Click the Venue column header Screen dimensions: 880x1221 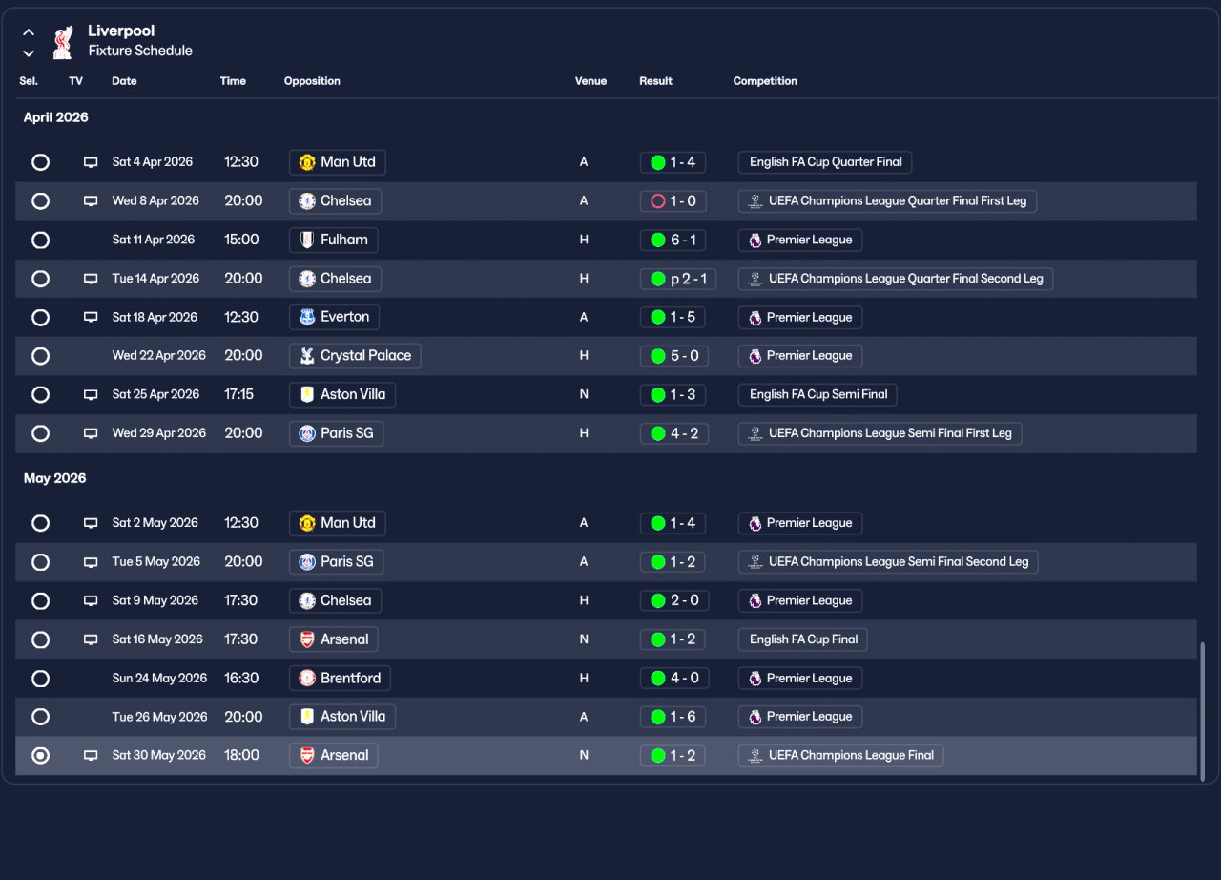click(x=590, y=81)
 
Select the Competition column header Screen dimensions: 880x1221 click(x=764, y=81)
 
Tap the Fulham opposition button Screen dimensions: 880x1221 click(x=334, y=240)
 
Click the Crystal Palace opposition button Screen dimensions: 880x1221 click(x=355, y=356)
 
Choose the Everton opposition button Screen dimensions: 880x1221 click(x=334, y=317)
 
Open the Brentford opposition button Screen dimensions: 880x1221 click(x=340, y=679)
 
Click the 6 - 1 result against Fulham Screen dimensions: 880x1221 click(x=673, y=240)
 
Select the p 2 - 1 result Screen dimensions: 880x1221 click(x=677, y=279)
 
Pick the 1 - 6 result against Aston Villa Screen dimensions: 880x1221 click(x=673, y=717)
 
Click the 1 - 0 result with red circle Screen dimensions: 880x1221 click(x=673, y=201)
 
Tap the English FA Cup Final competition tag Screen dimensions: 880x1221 click(x=802, y=639)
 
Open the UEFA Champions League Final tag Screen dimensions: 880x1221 click(x=840, y=756)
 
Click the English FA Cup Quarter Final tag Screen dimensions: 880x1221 click(x=825, y=162)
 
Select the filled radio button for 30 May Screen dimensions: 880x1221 click(x=40, y=756)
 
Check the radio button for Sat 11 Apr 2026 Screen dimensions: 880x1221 click(x=40, y=240)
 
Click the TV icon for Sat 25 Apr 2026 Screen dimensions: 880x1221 click(x=91, y=395)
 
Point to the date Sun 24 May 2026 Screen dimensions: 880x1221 click(x=159, y=679)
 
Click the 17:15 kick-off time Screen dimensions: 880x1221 click(x=238, y=394)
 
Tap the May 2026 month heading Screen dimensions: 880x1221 click(x=55, y=478)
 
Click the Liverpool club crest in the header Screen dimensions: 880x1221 click(x=63, y=41)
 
